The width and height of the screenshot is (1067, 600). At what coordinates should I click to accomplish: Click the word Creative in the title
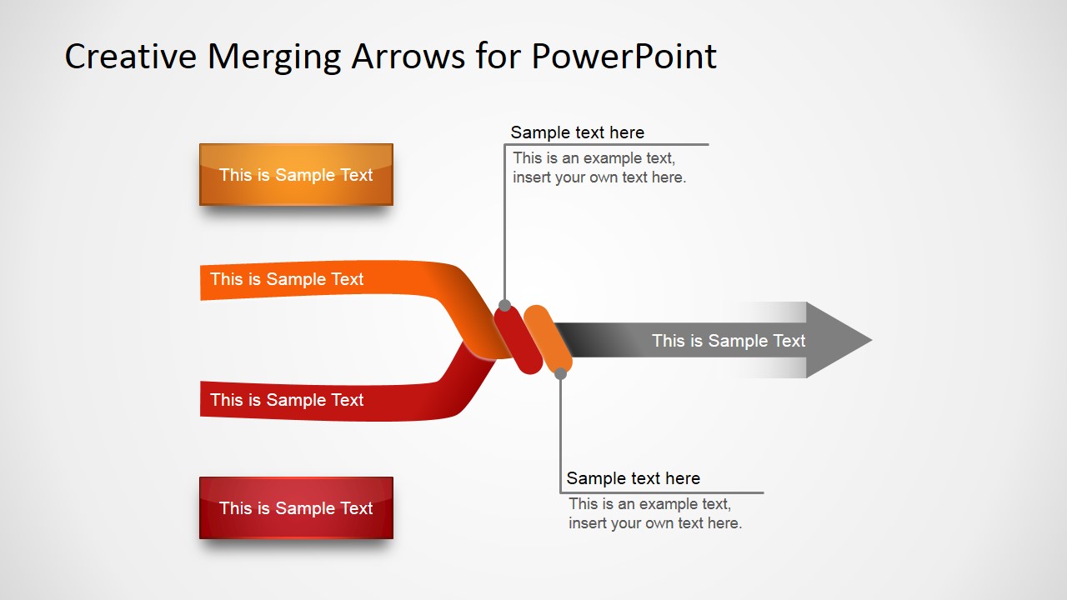pyautogui.click(x=131, y=57)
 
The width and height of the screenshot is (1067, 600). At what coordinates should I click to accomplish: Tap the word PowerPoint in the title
pyautogui.click(x=624, y=57)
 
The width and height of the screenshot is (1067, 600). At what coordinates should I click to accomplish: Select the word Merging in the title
pyautogui.click(x=273, y=57)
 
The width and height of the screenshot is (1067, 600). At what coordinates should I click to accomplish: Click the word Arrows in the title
pyautogui.click(x=408, y=57)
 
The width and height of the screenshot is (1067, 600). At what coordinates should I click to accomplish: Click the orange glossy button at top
pyautogui.click(x=296, y=175)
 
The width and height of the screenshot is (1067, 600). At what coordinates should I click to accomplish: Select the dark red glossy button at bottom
pyautogui.click(x=296, y=508)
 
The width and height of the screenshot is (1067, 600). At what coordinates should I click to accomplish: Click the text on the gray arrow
pyautogui.click(x=729, y=341)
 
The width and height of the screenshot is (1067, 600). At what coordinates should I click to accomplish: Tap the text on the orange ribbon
pyautogui.click(x=287, y=279)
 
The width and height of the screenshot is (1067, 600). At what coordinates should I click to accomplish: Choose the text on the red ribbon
pyautogui.click(x=287, y=400)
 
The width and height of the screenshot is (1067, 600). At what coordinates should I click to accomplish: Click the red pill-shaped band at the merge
pyautogui.click(x=518, y=340)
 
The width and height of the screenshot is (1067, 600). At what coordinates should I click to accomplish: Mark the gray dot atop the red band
pyautogui.click(x=504, y=306)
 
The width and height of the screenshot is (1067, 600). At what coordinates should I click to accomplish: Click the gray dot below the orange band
pyautogui.click(x=561, y=374)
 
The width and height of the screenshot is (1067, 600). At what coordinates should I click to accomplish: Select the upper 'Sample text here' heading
pyautogui.click(x=577, y=132)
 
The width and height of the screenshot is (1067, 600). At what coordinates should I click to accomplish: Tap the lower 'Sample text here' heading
pyautogui.click(x=633, y=478)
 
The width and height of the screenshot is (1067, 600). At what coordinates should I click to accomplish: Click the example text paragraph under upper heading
pyautogui.click(x=599, y=167)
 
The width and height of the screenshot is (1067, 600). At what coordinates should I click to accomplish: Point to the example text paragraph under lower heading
pyautogui.click(x=654, y=513)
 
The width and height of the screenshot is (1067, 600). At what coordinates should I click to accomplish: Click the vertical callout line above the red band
pyautogui.click(x=504, y=225)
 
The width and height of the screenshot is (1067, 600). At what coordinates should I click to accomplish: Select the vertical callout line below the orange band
pyautogui.click(x=561, y=433)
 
